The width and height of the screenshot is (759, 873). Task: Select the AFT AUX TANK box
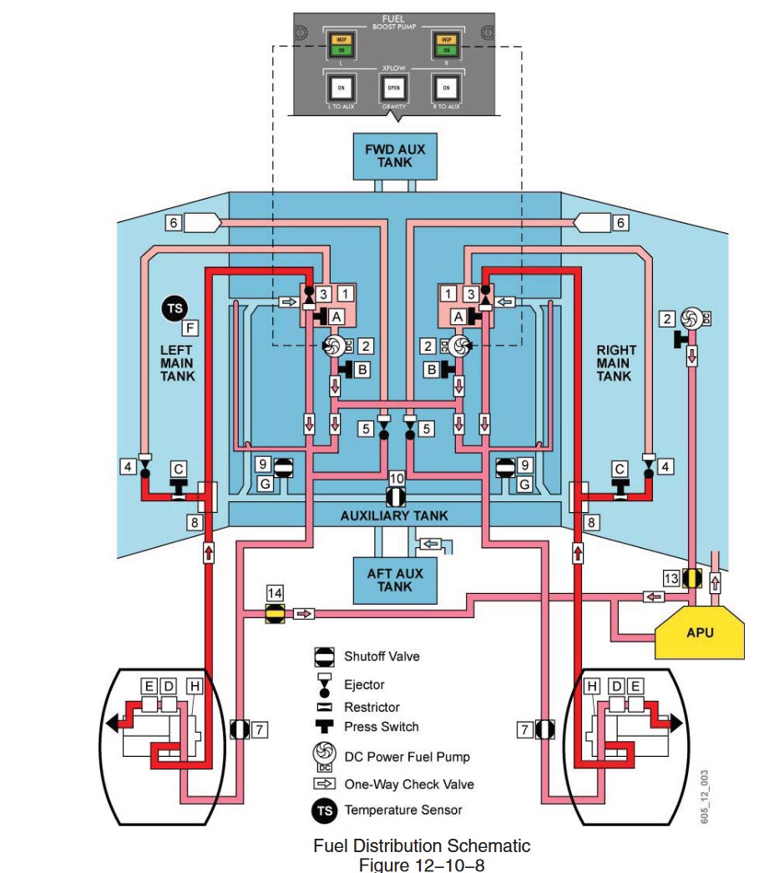pyautogui.click(x=395, y=579)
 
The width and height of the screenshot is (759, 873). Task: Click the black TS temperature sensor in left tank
pyautogui.click(x=175, y=308)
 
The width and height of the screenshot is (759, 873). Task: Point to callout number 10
pyautogui.click(x=397, y=477)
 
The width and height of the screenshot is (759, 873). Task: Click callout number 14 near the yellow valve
pyautogui.click(x=274, y=592)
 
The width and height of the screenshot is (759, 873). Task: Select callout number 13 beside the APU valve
pyautogui.click(x=671, y=578)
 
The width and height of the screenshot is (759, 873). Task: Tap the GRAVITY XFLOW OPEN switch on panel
pyautogui.click(x=393, y=86)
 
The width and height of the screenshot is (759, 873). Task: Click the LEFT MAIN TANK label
pyautogui.click(x=177, y=363)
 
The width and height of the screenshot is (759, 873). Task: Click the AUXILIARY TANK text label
pyautogui.click(x=394, y=515)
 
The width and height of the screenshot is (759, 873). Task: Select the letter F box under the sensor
pyautogui.click(x=190, y=328)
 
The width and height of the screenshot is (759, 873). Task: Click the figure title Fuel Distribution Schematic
pyautogui.click(x=422, y=846)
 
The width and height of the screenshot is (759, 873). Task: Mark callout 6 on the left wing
pyautogui.click(x=173, y=222)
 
